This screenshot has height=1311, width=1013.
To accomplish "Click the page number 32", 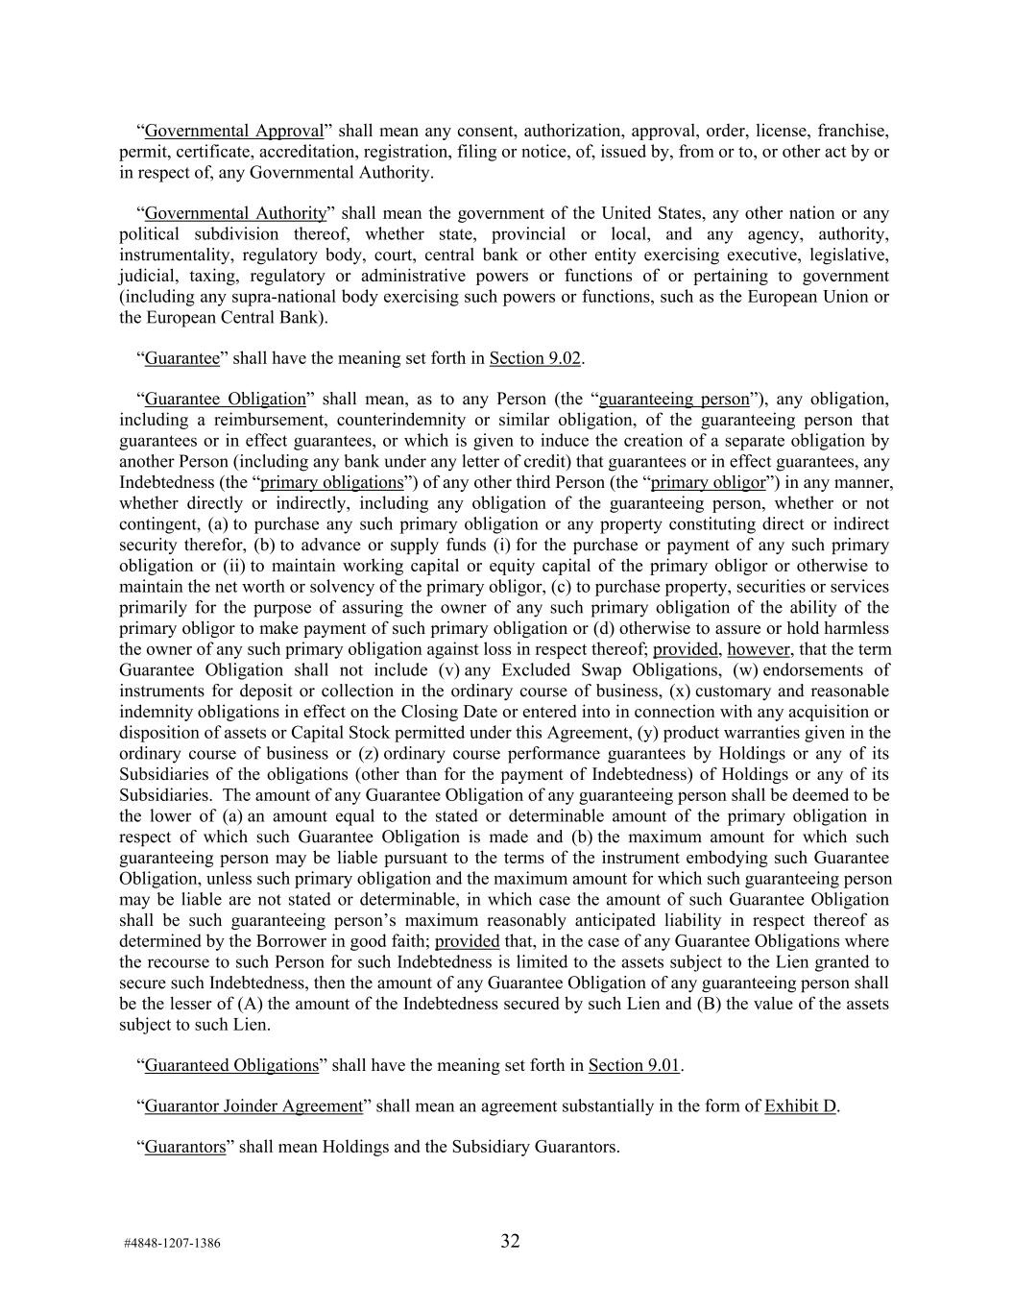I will click(x=510, y=1241).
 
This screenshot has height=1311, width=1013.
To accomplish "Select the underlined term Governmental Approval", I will click(x=234, y=131).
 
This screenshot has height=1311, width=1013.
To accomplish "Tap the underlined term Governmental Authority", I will click(x=235, y=213).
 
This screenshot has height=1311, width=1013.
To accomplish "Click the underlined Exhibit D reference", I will click(x=800, y=1105).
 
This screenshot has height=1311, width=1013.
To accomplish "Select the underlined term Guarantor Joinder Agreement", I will click(x=253, y=1105).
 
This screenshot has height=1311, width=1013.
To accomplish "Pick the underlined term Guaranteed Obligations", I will click(x=230, y=1065).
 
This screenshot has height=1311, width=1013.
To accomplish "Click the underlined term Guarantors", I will click(x=184, y=1147).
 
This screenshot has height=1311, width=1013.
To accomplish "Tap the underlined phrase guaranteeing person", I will click(x=673, y=399).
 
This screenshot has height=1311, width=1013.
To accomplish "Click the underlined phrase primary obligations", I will click(x=331, y=482).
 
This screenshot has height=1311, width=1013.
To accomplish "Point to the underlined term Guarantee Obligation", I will click(x=225, y=399).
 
